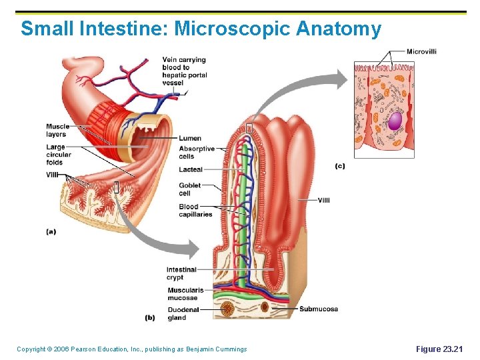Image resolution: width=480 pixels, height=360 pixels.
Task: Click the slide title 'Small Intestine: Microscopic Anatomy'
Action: [x=201, y=29]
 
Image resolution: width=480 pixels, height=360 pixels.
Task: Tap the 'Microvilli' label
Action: [x=421, y=51]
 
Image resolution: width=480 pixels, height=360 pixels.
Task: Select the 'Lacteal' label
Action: [x=191, y=170]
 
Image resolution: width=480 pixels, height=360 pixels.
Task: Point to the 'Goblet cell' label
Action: [x=189, y=189]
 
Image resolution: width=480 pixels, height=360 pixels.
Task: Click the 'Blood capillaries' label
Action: [x=195, y=211]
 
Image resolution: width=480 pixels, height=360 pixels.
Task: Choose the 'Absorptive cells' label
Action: [x=197, y=153]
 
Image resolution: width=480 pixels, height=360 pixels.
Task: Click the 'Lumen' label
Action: [x=190, y=138]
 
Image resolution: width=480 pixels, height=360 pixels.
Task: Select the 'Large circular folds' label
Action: [x=59, y=155]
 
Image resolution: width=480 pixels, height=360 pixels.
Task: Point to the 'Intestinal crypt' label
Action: [x=181, y=273]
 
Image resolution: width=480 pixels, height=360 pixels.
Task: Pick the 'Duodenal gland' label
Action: [x=183, y=313]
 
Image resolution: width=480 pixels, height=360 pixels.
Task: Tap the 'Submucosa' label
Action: [x=319, y=309]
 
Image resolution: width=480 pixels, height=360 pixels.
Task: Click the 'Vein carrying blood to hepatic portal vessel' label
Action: [x=184, y=71]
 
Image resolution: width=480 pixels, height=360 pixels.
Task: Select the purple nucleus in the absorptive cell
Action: [x=395, y=121]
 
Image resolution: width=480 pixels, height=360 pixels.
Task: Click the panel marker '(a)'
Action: [x=51, y=231]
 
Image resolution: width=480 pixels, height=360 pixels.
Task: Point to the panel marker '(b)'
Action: [x=150, y=317]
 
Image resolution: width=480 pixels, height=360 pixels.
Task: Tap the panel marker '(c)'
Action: [x=340, y=166]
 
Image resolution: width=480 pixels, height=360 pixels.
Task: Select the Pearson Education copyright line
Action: [x=131, y=349]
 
